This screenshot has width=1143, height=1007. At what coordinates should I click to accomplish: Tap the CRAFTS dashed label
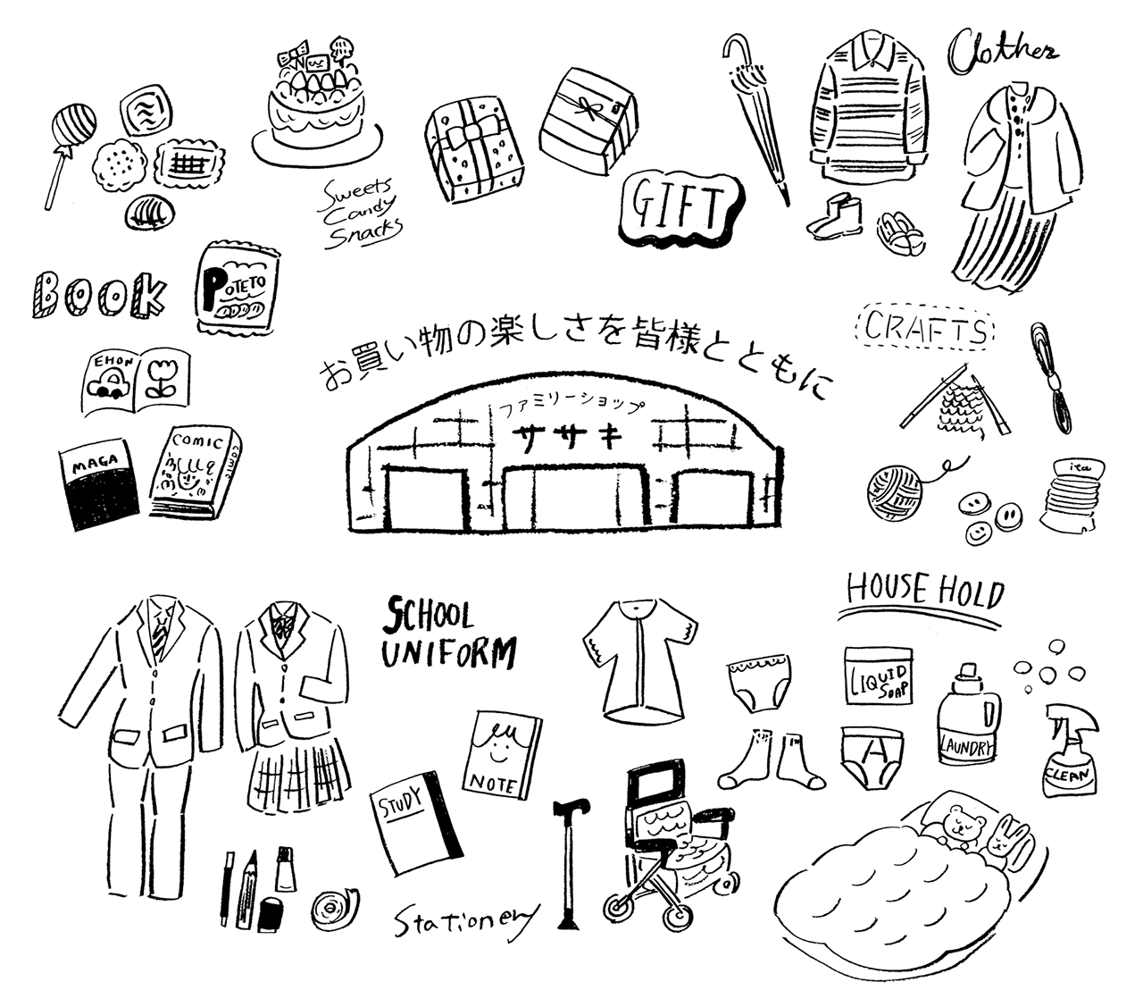click(x=925, y=330)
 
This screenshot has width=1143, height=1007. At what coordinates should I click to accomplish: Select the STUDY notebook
click(x=414, y=819)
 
